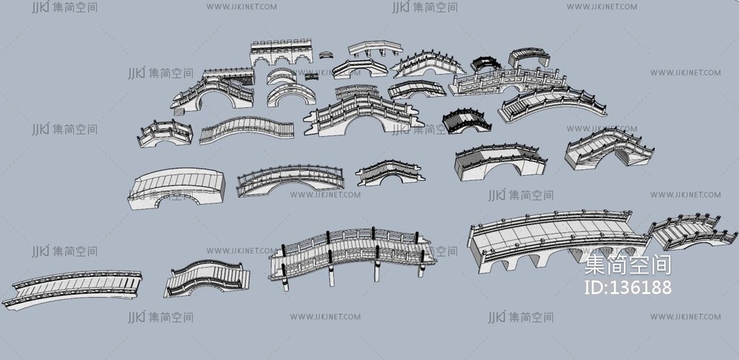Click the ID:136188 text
(x=627, y=288)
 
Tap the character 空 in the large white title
(x=638, y=265)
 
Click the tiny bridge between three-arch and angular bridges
(x=326, y=55)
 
